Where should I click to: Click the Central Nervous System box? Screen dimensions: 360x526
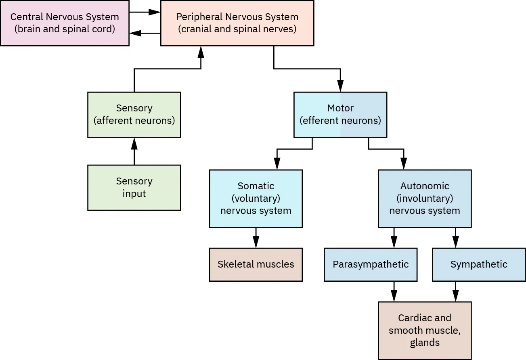65,23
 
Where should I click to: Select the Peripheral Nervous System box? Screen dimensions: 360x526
237,23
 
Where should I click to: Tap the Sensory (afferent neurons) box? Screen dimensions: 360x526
134,115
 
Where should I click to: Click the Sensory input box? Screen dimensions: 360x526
134,187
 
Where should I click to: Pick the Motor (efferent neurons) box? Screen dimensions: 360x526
340,115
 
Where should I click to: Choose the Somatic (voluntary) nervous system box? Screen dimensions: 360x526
256,198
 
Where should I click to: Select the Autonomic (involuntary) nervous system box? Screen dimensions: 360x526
424,198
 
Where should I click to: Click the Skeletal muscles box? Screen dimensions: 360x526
256,264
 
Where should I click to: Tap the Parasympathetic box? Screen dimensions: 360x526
370,264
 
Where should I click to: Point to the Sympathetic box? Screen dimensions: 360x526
479,264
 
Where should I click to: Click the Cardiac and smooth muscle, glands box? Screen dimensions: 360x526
424,330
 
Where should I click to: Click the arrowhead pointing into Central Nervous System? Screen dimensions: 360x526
134,33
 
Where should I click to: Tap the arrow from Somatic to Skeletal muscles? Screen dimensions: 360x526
256,238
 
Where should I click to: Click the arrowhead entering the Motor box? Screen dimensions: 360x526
340,86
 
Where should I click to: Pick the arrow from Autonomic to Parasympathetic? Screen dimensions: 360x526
394,238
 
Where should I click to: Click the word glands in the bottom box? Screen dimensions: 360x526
424,343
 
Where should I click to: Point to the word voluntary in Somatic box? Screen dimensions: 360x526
256,198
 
